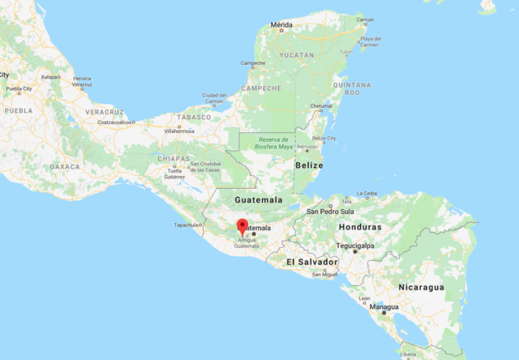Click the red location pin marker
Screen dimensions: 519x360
pyautogui.click(x=242, y=225)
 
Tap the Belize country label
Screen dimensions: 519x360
pyautogui.click(x=309, y=165)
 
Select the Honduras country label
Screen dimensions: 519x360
pyautogui.click(x=359, y=227)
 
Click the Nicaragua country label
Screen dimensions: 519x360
pyautogui.click(x=421, y=287)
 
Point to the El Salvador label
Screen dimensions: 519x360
pyautogui.click(x=311, y=263)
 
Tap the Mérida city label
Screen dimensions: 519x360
pyautogui.click(x=281, y=25)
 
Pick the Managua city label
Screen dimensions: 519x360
pyautogui.click(x=384, y=307)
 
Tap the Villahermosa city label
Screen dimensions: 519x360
pyautogui.click(x=180, y=130)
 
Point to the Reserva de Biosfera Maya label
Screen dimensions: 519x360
pyautogui.click(x=264, y=144)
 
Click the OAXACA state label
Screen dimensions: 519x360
pyautogui.click(x=65, y=166)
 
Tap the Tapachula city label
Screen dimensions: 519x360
pyautogui.click(x=187, y=225)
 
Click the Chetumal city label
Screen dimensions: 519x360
pyautogui.click(x=321, y=106)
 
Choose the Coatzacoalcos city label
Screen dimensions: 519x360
pyautogui.click(x=115, y=122)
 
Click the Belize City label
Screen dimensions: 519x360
pyautogui.click(x=324, y=139)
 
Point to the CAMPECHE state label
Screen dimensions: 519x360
pyautogui.click(x=261, y=88)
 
